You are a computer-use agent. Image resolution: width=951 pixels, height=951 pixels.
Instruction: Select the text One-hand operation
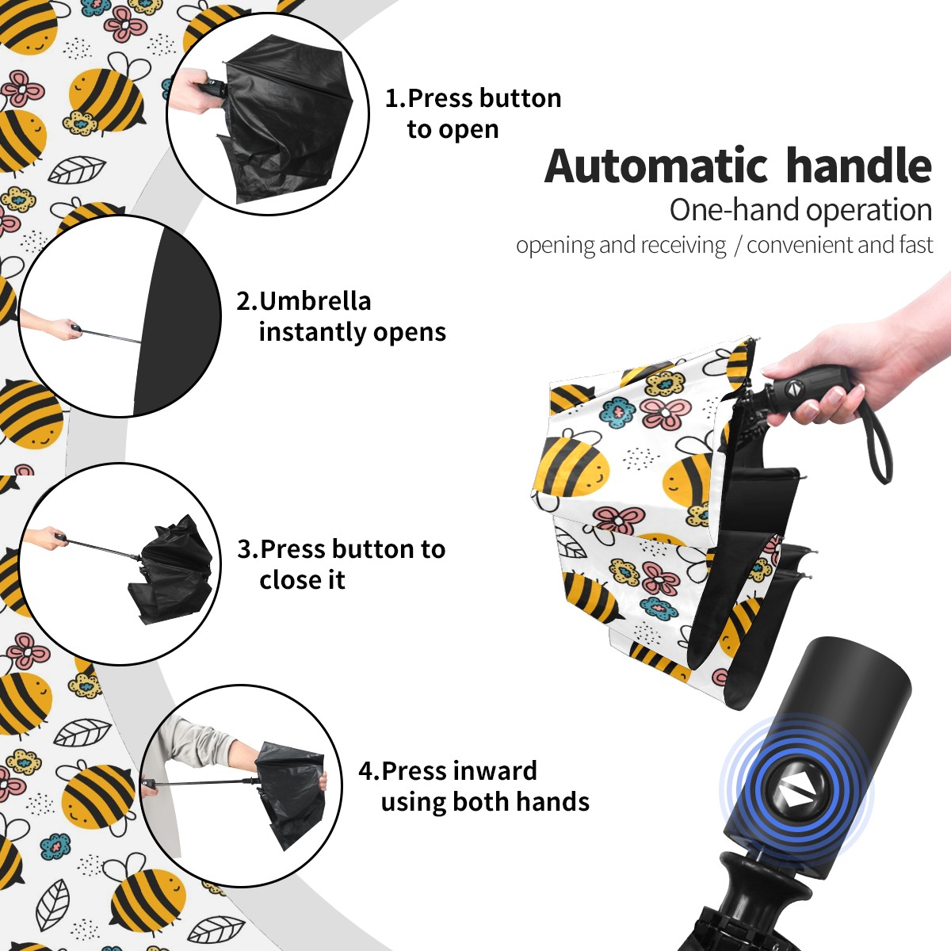click(x=800, y=211)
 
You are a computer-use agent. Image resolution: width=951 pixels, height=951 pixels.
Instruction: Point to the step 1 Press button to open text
click(x=473, y=114)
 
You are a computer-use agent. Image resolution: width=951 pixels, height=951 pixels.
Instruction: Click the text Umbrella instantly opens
click(x=341, y=316)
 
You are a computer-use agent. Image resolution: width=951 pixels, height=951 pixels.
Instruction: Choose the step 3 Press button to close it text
click(x=341, y=564)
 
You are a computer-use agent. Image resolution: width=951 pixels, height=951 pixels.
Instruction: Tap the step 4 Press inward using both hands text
click(x=474, y=787)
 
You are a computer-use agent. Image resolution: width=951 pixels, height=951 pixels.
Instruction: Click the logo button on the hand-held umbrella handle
click(x=792, y=389)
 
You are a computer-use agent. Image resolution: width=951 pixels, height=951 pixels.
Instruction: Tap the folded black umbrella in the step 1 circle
click(x=287, y=122)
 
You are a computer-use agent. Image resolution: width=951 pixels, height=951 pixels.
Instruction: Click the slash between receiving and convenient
click(x=737, y=245)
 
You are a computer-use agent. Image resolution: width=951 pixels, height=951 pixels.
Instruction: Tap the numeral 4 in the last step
click(x=365, y=771)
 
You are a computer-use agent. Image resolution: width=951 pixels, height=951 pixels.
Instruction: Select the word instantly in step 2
click(x=313, y=332)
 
